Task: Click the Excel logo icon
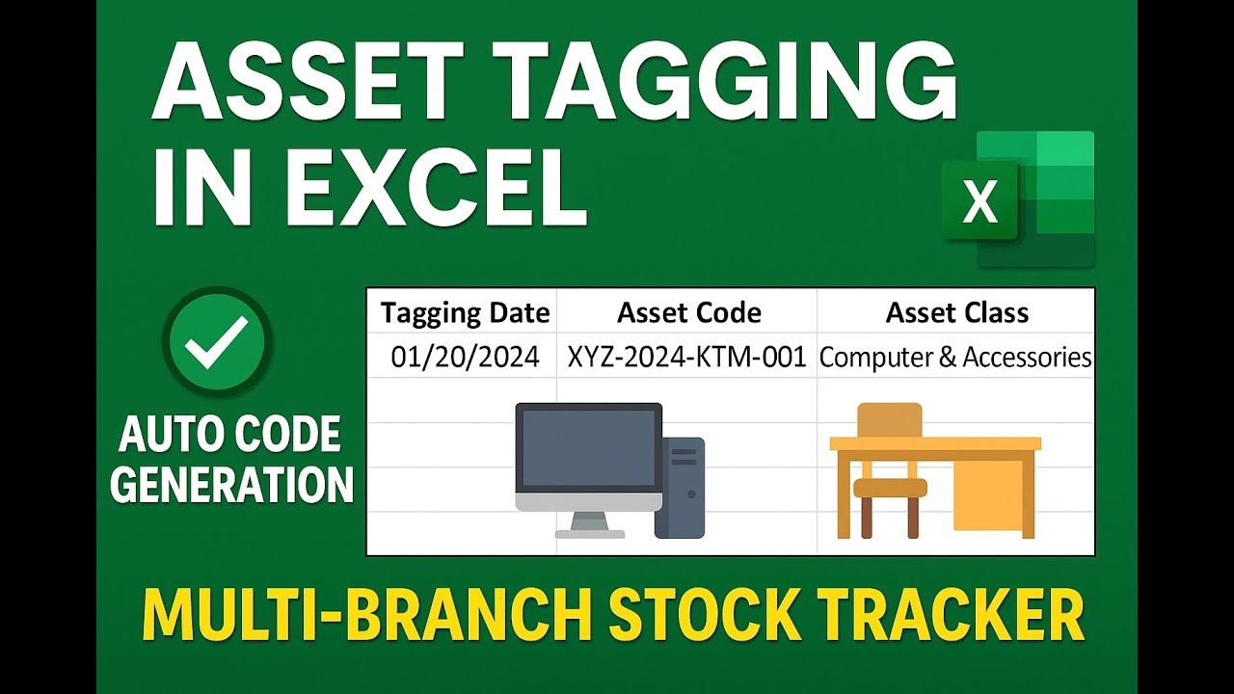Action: click(1018, 200)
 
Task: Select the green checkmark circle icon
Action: click(217, 342)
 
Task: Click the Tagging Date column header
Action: click(465, 313)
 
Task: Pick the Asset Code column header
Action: click(688, 313)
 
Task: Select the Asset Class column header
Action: click(956, 313)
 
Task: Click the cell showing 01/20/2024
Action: click(465, 358)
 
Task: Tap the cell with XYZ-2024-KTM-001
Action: click(686, 358)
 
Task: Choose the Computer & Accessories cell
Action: click(955, 358)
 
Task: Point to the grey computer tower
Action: click(680, 487)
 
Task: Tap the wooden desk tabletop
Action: click(935, 443)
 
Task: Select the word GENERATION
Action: click(230, 485)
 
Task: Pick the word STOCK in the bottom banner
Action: click(695, 613)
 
